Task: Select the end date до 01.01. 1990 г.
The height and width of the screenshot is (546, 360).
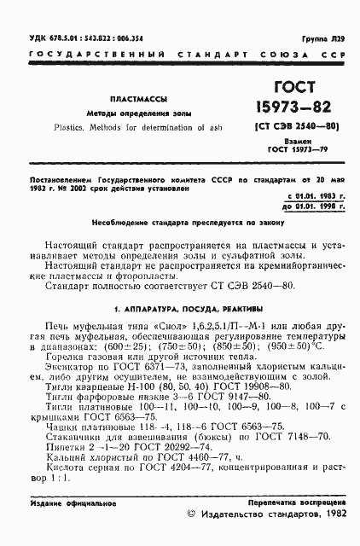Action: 309,207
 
